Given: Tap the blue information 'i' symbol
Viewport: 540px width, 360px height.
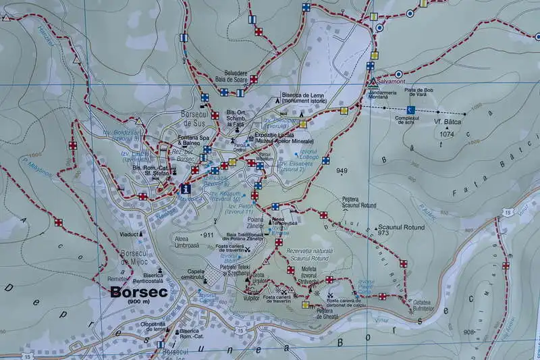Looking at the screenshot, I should tap(186, 190).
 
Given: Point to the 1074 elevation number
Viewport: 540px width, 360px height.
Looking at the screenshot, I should tap(447, 134).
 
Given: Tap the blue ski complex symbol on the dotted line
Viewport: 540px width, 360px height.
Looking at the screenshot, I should tap(409, 109).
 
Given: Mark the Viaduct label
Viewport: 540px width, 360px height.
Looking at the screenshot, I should tap(129, 234).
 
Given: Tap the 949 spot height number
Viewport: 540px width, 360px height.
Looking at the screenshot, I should tap(341, 171).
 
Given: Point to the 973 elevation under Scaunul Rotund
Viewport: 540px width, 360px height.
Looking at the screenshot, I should tap(384, 233).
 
